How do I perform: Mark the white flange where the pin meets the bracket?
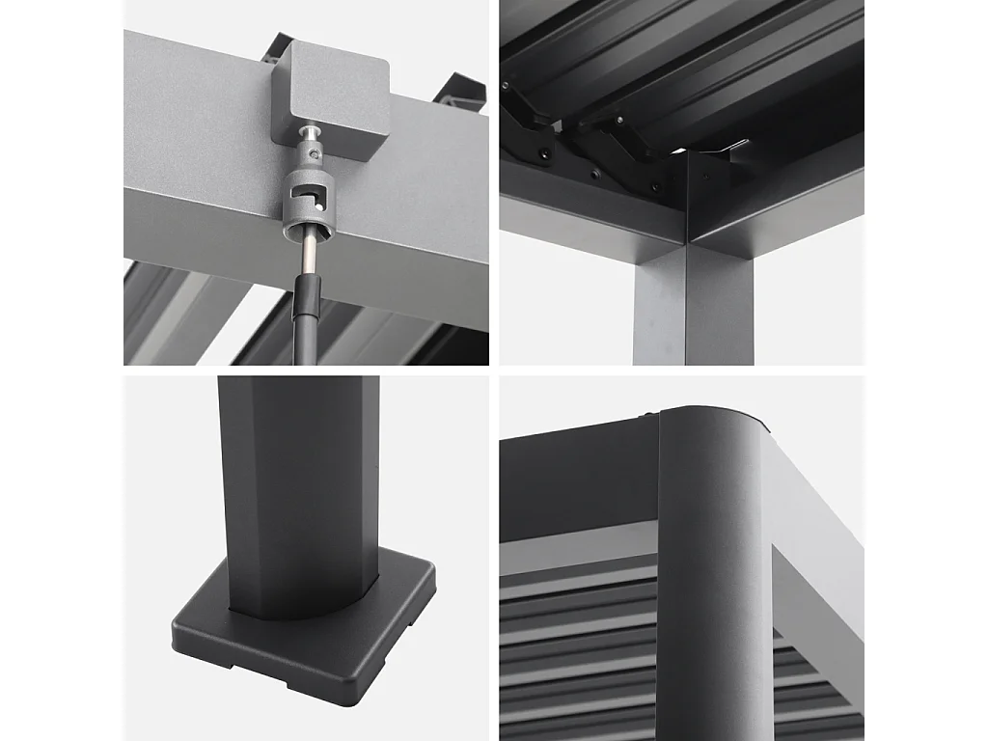pyautogui.click(x=311, y=131)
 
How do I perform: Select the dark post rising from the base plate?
pyautogui.click(x=299, y=482)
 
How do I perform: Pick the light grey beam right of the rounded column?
pyautogui.click(x=815, y=540)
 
